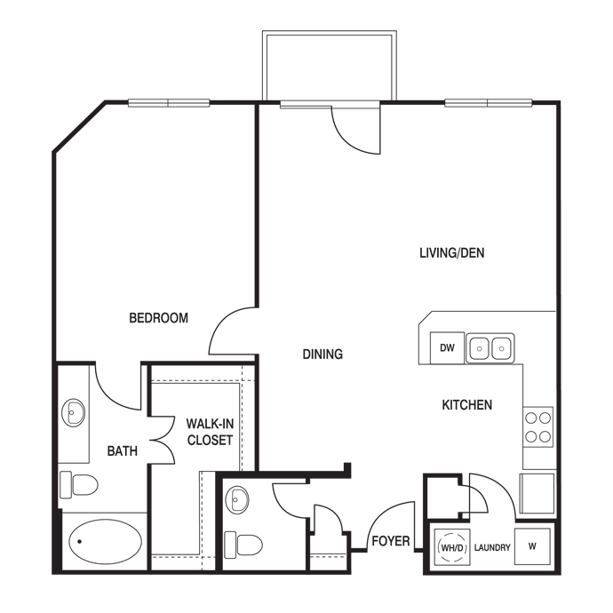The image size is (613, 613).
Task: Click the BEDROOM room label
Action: coord(158,318)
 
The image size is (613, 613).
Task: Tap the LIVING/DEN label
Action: coord(451,253)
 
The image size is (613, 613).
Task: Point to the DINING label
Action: coord(322,354)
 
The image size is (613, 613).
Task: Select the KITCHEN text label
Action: coord(467,405)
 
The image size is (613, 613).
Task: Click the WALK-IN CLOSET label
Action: coord(210,432)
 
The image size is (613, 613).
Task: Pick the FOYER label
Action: coord(389,540)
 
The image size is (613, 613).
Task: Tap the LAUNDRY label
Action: coord(492,548)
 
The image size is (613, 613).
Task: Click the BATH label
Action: coord(123,451)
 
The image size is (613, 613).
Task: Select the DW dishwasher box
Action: coord(447,348)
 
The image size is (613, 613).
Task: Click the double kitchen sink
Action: coord(490,348)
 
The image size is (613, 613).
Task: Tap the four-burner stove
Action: coord(537,426)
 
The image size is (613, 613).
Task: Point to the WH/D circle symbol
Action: coord(450,547)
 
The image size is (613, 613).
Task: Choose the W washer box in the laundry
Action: coord(533,546)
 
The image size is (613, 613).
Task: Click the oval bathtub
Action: coord(105,538)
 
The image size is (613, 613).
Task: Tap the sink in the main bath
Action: coord(75,413)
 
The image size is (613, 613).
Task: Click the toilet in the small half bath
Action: coord(243,543)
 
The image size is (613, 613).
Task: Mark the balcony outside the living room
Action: coord(329,68)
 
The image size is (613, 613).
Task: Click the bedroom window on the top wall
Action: coord(169,102)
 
